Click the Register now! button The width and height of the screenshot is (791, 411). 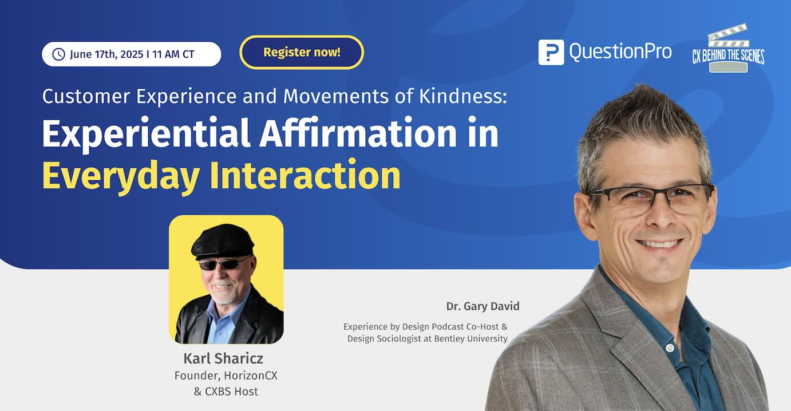pyautogui.click(x=302, y=52)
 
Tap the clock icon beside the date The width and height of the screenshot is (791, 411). pyautogui.click(x=58, y=54)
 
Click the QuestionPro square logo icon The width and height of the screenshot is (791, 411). pyautogui.click(x=551, y=52)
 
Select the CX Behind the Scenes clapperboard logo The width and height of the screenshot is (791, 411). pyautogui.click(x=728, y=49)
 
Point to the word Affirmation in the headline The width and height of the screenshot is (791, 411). pyautogui.click(x=358, y=133)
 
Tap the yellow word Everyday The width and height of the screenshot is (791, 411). pyautogui.click(x=121, y=176)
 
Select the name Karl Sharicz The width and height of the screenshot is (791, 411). pyautogui.click(x=223, y=358)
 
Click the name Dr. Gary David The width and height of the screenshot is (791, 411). pyautogui.click(x=482, y=306)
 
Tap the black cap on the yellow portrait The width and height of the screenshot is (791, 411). pyautogui.click(x=223, y=241)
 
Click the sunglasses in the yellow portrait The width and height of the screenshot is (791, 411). pyautogui.click(x=224, y=264)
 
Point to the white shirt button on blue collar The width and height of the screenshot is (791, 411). pyautogui.click(x=670, y=348)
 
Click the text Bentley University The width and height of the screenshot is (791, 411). pyautogui.click(x=470, y=339)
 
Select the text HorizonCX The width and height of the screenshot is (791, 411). pyautogui.click(x=251, y=376)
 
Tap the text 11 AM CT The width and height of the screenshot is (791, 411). pyautogui.click(x=173, y=54)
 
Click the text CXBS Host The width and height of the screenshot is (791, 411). pyautogui.click(x=232, y=392)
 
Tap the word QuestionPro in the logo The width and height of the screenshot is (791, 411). pyautogui.click(x=620, y=52)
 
